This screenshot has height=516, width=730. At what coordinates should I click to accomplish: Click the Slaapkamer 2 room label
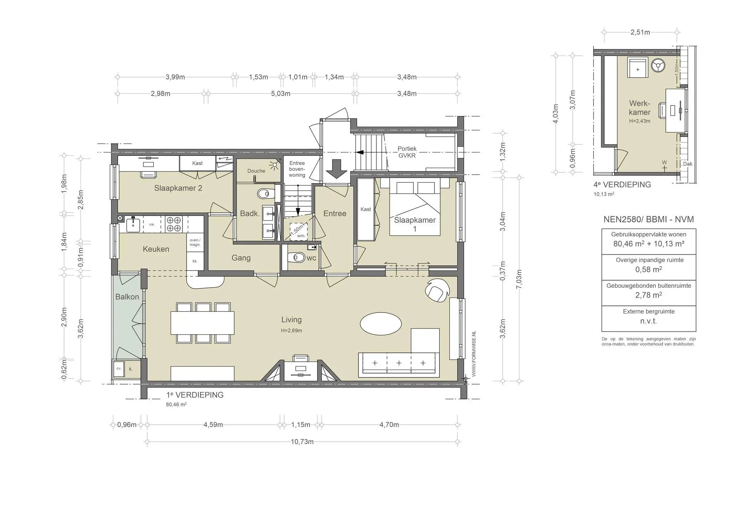pyautogui.click(x=178, y=188)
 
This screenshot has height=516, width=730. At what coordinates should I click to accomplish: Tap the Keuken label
pyautogui.click(x=156, y=249)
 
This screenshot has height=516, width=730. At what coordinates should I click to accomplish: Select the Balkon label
pyautogui.click(x=127, y=297)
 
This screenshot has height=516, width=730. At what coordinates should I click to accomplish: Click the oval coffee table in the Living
pyautogui.click(x=381, y=324)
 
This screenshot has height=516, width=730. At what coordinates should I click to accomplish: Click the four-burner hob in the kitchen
pyautogui.click(x=174, y=225)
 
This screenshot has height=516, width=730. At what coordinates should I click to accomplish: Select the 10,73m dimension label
pyautogui.click(x=302, y=442)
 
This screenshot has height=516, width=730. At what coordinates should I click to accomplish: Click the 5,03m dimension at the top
pyautogui.click(x=281, y=94)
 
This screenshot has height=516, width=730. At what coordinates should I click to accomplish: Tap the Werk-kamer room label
pyautogui.click(x=639, y=108)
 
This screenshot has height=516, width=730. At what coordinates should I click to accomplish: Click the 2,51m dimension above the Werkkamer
pyautogui.click(x=640, y=32)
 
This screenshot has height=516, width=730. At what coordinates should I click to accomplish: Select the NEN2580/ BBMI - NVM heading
pyautogui.click(x=648, y=220)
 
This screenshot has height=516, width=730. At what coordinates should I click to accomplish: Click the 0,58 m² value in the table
pyautogui.click(x=648, y=269)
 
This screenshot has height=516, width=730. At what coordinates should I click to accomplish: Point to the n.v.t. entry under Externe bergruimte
pyautogui.click(x=648, y=321)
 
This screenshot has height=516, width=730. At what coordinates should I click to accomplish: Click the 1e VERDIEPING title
pyautogui.click(x=195, y=395)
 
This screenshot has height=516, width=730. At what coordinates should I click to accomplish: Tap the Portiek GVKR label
pyautogui.click(x=407, y=152)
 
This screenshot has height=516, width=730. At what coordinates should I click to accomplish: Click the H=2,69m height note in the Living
pyautogui.click(x=291, y=331)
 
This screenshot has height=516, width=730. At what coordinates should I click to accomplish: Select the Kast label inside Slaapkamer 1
pyautogui.click(x=366, y=209)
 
